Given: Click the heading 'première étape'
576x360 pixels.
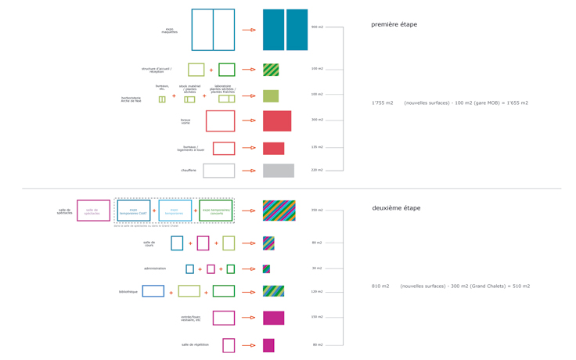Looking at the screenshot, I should pos(394,24).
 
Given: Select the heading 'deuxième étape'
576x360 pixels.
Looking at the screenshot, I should pos(396,208).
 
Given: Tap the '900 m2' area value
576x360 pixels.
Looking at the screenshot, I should pos(317,27).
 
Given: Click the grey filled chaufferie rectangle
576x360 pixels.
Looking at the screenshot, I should pos(278,171).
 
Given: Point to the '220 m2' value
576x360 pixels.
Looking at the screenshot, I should pos(317,170).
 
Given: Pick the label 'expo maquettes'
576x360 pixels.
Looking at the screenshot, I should pos(169,31).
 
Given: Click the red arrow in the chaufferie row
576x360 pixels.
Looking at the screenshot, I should pos(249,171).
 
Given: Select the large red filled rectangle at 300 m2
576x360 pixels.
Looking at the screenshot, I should pos(277,121).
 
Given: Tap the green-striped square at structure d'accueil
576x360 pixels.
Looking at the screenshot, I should pos(271,70).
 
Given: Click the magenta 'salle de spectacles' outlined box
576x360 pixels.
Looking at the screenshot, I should pos(93,211).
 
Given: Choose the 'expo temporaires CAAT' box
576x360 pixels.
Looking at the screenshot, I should pos(134,211).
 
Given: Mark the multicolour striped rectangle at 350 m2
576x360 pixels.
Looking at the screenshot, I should pos(279,211).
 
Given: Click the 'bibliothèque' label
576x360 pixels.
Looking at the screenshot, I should pos(128,292).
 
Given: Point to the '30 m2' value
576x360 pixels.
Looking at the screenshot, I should pos(317,268).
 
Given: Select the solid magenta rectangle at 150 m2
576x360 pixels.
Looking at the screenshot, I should pos(273,318).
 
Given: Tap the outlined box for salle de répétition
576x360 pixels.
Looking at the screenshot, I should pos(229,345).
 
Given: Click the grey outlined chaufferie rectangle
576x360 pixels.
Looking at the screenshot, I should pos(219,171).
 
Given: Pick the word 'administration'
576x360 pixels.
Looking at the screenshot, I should pos(155,268).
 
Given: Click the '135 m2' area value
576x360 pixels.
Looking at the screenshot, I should pos(317,147).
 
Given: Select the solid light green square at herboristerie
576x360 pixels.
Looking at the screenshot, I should pos(271,96).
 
